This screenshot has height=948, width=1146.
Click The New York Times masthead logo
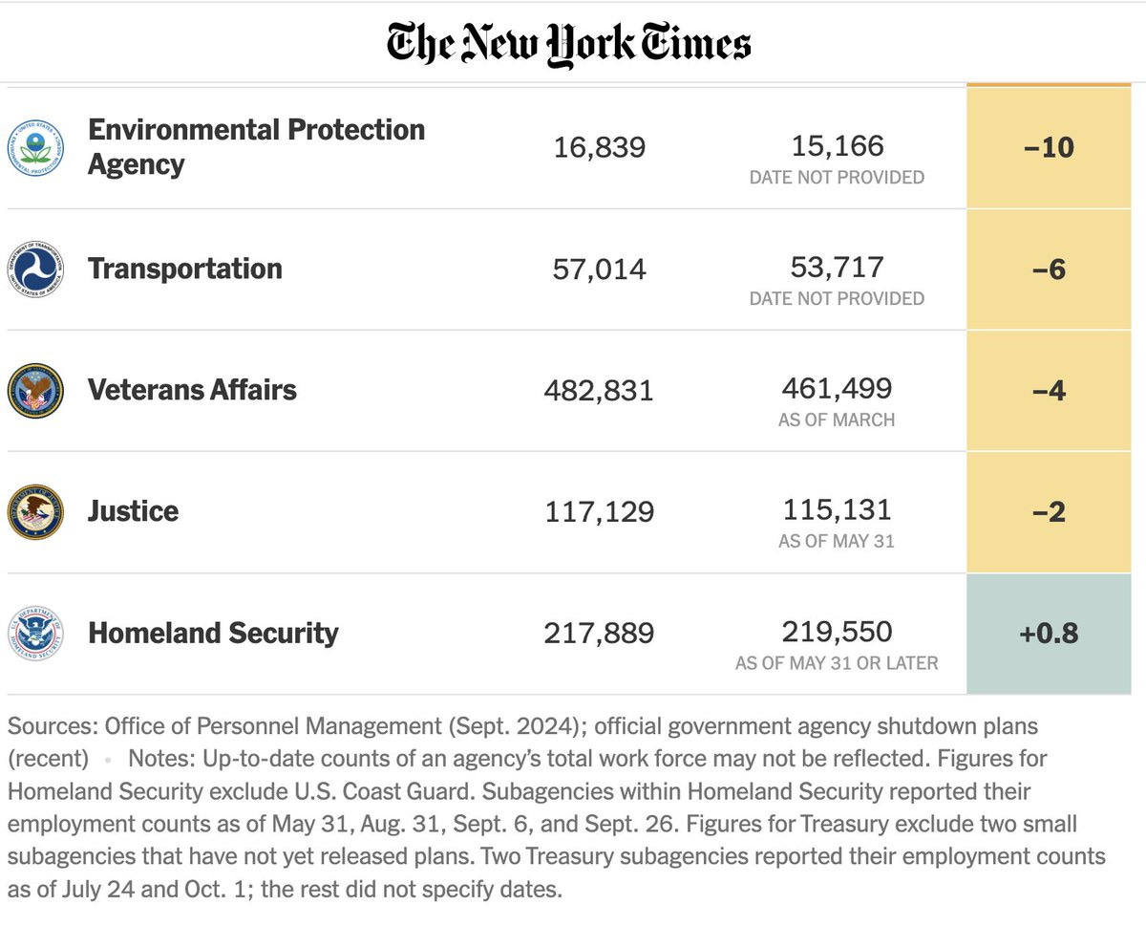tap(569, 44)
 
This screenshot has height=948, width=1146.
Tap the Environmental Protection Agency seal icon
tap(36, 147)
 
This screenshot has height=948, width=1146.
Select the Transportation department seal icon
tap(36, 269)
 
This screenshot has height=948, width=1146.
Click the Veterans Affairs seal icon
tap(36, 390)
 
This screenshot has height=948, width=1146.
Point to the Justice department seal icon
tap(36, 511)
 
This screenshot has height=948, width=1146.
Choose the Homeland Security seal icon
tap(36, 633)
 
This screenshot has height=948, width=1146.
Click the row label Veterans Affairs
tap(192, 390)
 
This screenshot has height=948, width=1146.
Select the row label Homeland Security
tap(213, 633)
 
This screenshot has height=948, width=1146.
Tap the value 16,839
tap(600, 147)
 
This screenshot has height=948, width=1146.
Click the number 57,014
tap(600, 269)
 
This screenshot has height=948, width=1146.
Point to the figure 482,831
tap(600, 390)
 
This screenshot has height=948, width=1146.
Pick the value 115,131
tap(837, 508)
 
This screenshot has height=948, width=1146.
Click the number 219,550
tap(837, 631)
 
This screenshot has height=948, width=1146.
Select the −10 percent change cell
tap(1049, 148)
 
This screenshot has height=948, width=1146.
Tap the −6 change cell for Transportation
tap(1049, 269)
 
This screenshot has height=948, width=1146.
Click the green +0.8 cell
tap(1049, 633)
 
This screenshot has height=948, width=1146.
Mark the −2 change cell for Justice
tap(1049, 512)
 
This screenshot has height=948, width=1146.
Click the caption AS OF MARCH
tap(837, 420)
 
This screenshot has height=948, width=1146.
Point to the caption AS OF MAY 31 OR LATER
tap(837, 662)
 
